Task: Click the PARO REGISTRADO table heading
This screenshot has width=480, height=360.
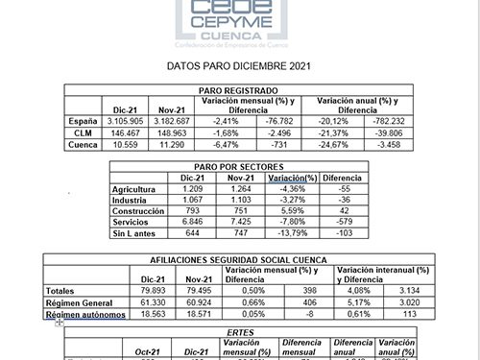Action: click(240, 89)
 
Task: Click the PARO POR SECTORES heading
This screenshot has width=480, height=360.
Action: click(240, 166)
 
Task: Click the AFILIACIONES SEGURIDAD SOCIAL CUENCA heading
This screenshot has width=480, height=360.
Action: click(240, 260)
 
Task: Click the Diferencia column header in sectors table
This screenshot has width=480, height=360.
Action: click(342, 178)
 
